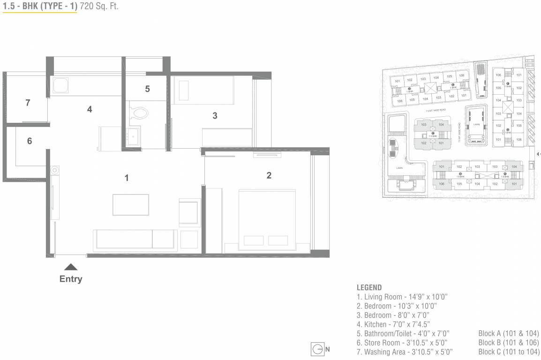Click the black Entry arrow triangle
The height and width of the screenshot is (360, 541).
tap(71, 267)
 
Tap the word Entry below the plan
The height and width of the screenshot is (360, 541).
tap(71, 279)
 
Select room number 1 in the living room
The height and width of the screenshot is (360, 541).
tap(127, 178)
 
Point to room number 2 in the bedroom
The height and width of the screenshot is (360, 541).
tap(269, 176)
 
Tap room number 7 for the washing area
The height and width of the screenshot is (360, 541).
tap(28, 103)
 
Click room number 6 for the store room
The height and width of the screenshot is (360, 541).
tap(30, 141)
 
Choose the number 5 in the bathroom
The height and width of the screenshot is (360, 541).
tap(147, 89)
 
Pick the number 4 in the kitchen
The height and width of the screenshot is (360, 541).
tap(89, 109)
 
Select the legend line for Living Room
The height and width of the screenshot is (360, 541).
tap(403, 297)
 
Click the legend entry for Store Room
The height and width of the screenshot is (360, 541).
tap(402, 342)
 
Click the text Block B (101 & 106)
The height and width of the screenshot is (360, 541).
tap(508, 342)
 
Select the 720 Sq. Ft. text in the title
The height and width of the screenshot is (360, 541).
tap(99, 7)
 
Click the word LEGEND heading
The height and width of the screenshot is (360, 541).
tap(369, 287)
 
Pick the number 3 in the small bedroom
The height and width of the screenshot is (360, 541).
tap(215, 116)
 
